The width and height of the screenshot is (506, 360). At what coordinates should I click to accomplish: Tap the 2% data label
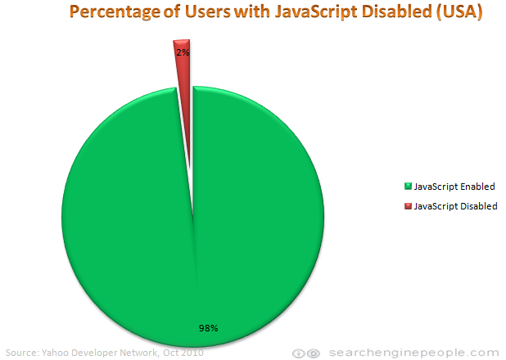coord(183,52)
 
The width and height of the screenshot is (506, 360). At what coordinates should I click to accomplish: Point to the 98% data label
coord(207,328)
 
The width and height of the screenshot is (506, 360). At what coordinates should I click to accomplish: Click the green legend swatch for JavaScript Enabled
coord(408,187)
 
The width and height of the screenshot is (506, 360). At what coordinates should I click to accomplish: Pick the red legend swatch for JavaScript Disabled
coord(408,206)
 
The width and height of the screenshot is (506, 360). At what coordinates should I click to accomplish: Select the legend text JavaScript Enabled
coord(454,187)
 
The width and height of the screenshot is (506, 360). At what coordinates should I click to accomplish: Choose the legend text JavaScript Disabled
coord(455,206)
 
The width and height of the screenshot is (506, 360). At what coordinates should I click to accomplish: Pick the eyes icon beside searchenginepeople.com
coord(307,353)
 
